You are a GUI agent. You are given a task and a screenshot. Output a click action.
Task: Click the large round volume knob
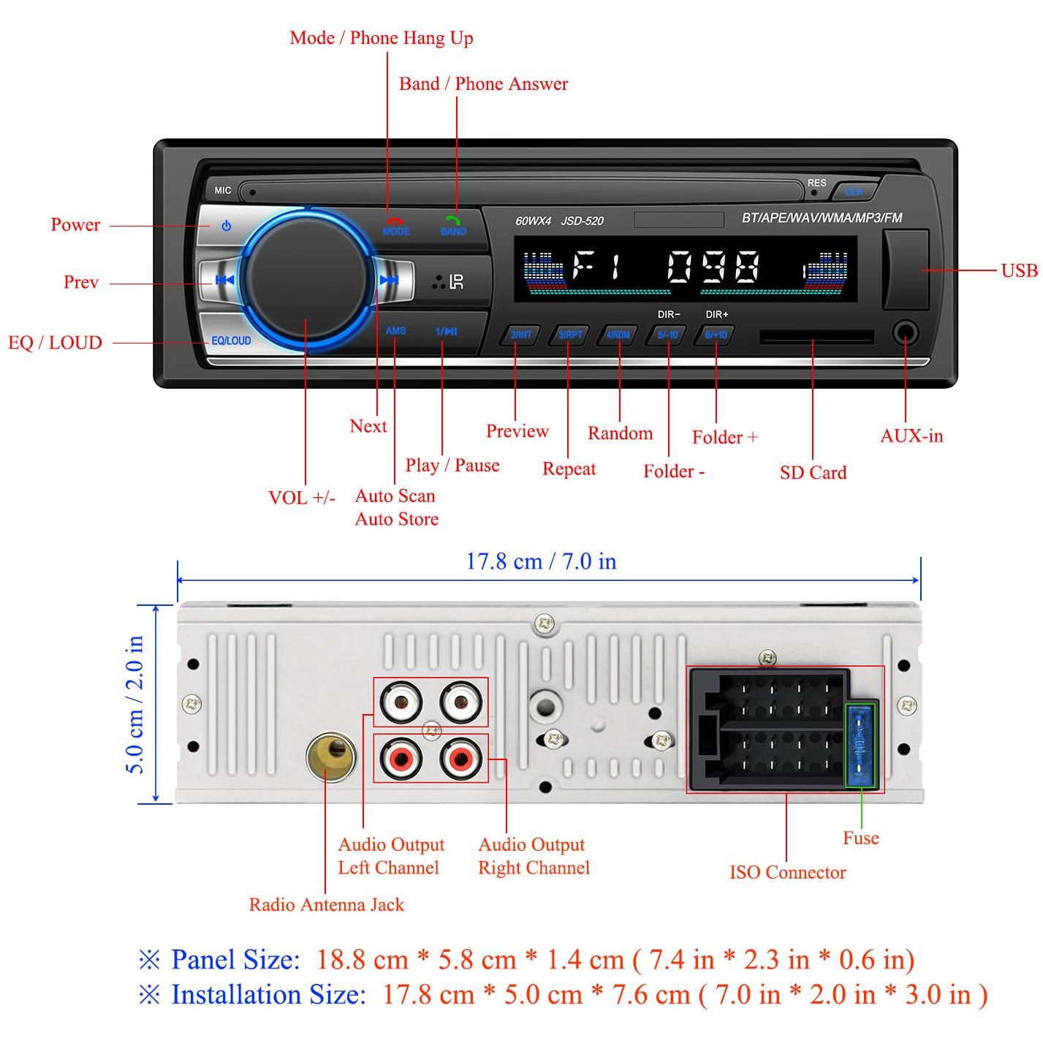[306, 280]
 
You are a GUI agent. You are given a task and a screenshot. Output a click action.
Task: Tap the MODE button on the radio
[395, 227]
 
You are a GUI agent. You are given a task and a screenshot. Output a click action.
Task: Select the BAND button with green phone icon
[453, 227]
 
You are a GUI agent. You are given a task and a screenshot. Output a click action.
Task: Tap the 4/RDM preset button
[618, 335]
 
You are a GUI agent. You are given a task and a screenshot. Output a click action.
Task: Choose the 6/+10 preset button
[716, 335]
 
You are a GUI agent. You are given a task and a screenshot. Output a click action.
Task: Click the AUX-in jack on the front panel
[906, 333]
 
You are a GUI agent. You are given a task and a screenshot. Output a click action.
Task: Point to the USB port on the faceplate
[906, 269]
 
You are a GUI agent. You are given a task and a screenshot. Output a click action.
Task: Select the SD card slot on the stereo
[816, 337]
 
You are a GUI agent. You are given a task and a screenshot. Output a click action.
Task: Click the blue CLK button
[854, 191]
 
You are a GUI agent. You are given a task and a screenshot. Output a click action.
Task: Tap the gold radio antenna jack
[331, 756]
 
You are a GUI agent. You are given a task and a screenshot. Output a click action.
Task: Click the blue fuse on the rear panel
[861, 746]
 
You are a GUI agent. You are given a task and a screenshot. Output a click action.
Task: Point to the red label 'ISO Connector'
[787, 872]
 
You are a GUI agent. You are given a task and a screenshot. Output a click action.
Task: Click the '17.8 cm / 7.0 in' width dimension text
[542, 561]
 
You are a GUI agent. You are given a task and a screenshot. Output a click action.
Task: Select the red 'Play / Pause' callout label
[452, 465]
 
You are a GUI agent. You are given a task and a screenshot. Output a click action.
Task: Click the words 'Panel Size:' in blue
[235, 960]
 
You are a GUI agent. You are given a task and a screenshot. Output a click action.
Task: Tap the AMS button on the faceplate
[395, 330]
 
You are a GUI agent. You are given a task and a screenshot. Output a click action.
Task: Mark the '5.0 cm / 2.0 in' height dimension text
[134, 704]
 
